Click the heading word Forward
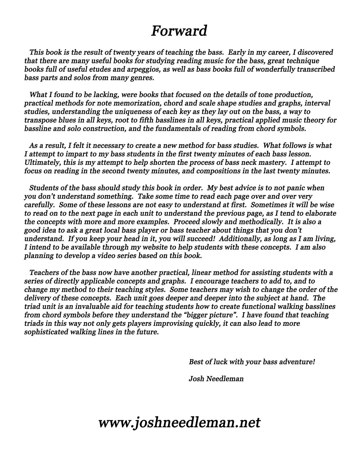click(179, 31)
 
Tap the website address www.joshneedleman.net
click(179, 422)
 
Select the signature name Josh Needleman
click(216, 379)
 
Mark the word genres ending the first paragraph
click(143, 78)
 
